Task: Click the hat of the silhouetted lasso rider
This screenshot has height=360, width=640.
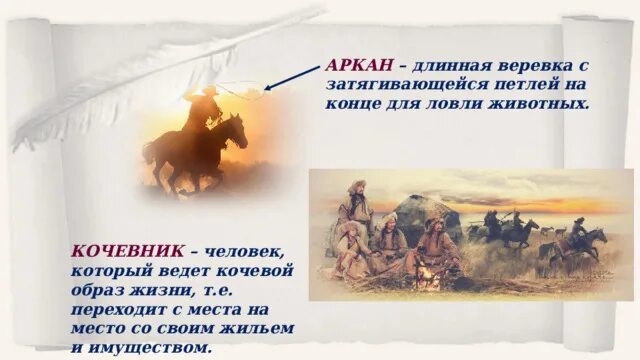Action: click(208, 90)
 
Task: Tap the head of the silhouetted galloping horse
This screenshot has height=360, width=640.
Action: click(238, 131)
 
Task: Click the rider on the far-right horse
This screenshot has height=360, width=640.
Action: click(577, 233)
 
